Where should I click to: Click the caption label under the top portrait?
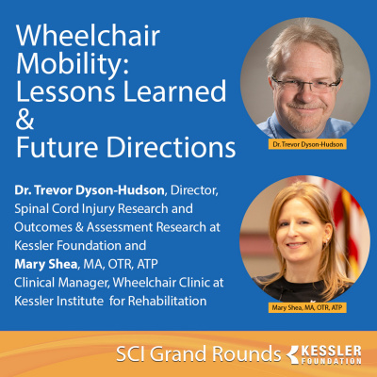pos(302,145)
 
